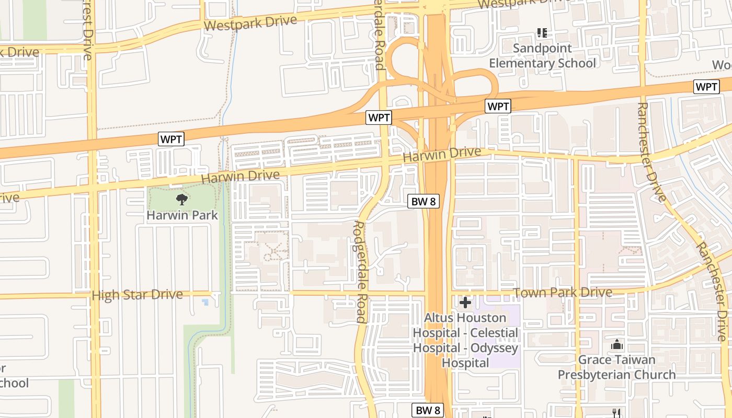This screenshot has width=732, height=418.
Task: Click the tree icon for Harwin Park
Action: pos(181,199)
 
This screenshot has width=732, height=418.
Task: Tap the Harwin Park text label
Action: pos(182,215)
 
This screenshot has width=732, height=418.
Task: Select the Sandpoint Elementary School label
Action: pos(542,56)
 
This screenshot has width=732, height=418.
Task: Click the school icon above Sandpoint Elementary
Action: pos(542,33)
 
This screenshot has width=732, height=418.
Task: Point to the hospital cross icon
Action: pos(465,303)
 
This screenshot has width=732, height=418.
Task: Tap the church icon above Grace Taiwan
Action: pos(617,345)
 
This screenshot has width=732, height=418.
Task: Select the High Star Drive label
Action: pos(137,295)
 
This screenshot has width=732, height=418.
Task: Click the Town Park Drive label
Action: pos(562,293)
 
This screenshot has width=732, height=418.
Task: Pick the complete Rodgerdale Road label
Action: pos(360,272)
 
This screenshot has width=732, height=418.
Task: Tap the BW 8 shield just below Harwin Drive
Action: pos(422,202)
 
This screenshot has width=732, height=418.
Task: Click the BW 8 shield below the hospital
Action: pos(427,410)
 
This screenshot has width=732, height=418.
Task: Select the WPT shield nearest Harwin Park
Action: pos(171,139)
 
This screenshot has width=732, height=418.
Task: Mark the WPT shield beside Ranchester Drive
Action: pos(706,87)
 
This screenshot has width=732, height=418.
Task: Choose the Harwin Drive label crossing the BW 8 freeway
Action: pos(442,154)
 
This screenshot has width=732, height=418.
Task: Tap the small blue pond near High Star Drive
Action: pos(205,302)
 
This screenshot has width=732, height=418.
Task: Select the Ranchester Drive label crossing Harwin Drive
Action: pos(651,152)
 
